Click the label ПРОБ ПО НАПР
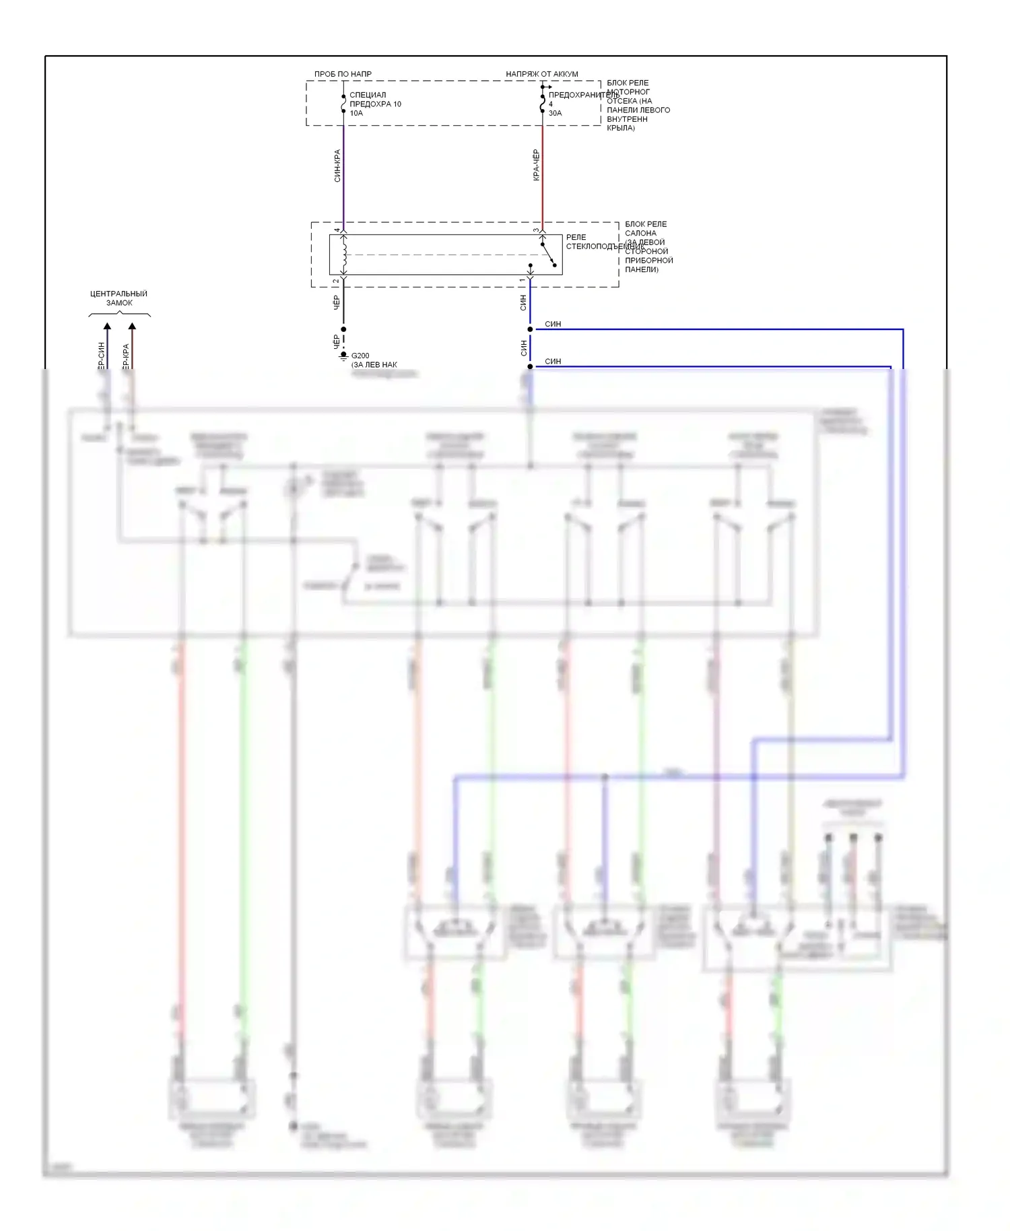pos(343,74)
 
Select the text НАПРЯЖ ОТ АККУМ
pos(541,74)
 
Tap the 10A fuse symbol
pos(343,104)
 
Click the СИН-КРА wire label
pos(337,166)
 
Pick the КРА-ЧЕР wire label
pos(537,165)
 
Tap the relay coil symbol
pos(344,255)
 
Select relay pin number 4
pos(337,230)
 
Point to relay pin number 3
pos(536,230)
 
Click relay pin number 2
pos(336,281)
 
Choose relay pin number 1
pos(522,280)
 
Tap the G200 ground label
pos(360,356)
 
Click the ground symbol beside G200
pos(343,356)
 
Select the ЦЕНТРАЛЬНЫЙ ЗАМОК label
pos(119,298)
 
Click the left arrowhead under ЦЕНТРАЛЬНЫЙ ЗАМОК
pos(107,327)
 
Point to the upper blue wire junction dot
pos(530,329)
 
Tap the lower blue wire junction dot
pos(530,366)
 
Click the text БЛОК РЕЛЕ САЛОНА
pos(645,228)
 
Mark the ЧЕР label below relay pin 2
pos(337,303)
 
